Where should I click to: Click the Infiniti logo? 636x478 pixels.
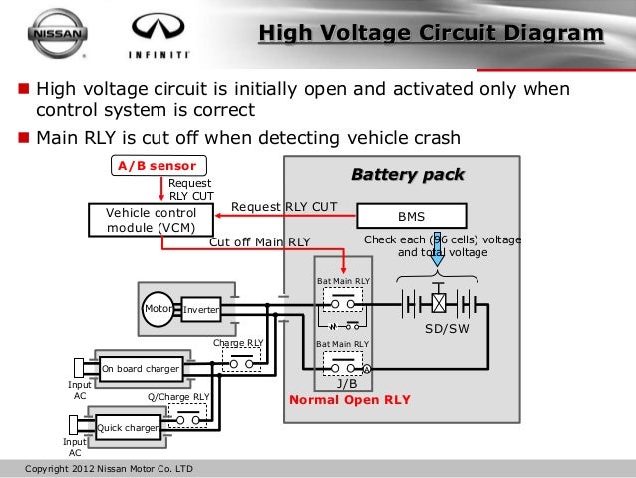[x=154, y=32]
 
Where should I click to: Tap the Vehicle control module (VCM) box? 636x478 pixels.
[x=146, y=220]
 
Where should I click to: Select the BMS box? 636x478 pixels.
[x=411, y=216]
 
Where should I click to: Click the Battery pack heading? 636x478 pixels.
[x=407, y=175]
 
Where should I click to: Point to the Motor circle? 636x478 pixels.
[x=159, y=309]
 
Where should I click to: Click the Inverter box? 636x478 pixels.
[x=200, y=311]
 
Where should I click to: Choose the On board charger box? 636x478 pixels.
[x=141, y=369]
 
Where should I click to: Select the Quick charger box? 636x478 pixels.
[x=128, y=429]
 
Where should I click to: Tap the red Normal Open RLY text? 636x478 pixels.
[x=349, y=400]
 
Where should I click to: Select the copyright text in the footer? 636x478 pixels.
[x=109, y=468]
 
